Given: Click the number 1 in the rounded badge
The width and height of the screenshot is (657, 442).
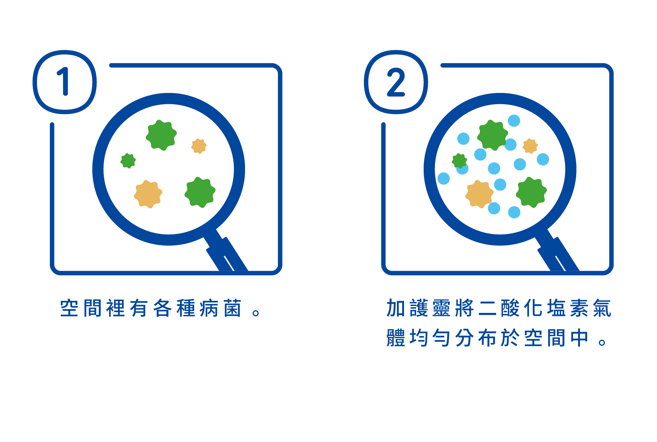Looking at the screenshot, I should click(64, 82).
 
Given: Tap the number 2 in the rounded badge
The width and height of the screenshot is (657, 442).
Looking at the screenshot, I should click(396, 82).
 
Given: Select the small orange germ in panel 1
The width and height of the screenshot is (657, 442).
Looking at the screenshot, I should click(199, 146).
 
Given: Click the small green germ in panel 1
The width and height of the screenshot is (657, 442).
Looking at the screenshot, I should click(128, 161).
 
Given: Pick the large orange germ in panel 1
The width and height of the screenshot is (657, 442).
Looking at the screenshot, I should click(148, 194).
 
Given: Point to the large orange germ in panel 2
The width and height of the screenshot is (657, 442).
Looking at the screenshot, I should click(479, 194).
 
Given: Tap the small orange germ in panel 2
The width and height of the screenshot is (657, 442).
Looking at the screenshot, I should click(530, 146).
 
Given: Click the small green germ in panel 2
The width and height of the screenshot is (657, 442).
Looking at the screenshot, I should click(459, 161).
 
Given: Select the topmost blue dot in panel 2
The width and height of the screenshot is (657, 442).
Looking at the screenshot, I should click(514, 121).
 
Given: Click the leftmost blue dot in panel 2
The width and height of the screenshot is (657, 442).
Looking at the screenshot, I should click(444, 178).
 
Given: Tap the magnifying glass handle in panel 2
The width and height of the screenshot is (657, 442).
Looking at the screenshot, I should click(558, 253).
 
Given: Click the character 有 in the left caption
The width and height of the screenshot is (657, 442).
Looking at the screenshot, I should click(139, 308).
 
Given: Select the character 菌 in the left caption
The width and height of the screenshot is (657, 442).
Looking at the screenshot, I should click(233, 308).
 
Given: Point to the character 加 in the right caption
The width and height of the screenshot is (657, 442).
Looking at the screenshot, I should click(396, 308).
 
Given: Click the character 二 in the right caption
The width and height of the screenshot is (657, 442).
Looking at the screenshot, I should click(487, 308).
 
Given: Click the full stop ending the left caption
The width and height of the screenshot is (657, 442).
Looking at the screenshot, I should click(256, 313).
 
